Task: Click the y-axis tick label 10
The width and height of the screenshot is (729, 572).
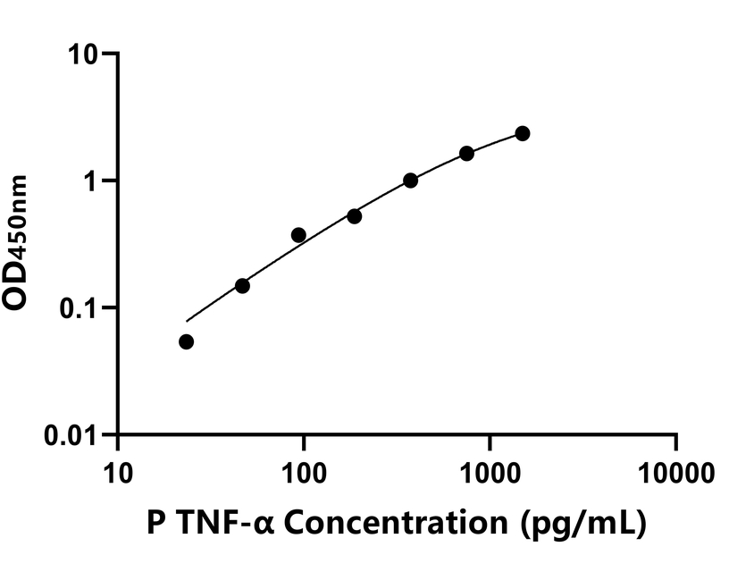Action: click(x=86, y=54)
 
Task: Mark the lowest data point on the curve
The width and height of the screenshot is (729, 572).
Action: click(x=186, y=341)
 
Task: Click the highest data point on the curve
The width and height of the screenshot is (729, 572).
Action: click(x=523, y=133)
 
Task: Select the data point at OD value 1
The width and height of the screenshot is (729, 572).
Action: click(x=410, y=181)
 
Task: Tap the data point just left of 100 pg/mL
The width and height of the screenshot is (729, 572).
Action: click(x=298, y=235)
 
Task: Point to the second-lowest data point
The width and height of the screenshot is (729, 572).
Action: click(x=242, y=286)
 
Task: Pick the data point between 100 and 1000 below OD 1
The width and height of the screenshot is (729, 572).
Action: click(x=354, y=216)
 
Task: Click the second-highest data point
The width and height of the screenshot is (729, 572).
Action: click(x=466, y=154)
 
